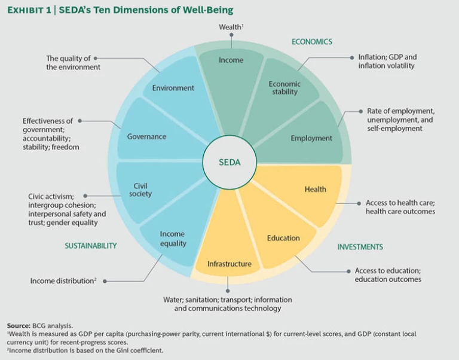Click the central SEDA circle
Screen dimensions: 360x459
(229, 162)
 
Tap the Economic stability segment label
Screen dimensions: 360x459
(284, 88)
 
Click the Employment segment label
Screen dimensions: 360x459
(311, 138)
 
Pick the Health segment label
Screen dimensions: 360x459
(315, 189)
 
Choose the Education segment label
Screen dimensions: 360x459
(283, 238)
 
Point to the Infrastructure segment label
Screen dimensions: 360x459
(229, 264)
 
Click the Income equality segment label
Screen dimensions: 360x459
(173, 239)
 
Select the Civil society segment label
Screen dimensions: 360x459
(140, 190)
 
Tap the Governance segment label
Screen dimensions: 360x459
(146, 136)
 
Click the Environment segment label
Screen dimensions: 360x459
(173, 88)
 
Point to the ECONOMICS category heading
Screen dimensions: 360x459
(311, 42)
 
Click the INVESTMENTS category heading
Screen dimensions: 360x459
(360, 247)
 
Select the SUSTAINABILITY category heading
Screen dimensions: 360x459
(91, 246)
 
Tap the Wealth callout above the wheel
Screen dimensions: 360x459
(230, 27)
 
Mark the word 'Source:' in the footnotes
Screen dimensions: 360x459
(18, 325)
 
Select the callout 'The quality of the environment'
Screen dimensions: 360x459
(73, 63)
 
